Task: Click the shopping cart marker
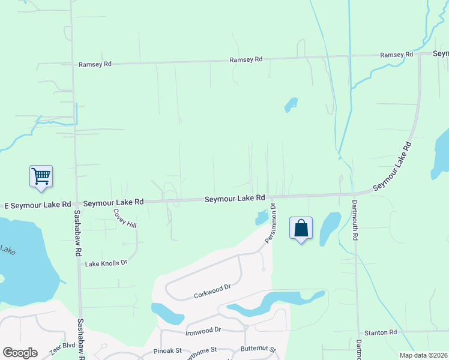click(x=41, y=177)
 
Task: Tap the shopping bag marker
click(x=301, y=229)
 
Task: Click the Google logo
click(x=20, y=353)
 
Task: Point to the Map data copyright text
click(x=424, y=355)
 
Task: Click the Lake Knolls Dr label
click(x=106, y=263)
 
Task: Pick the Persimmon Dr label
click(x=270, y=224)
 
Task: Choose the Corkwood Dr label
click(x=212, y=292)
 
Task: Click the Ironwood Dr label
click(x=203, y=330)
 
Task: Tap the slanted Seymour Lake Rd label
click(x=391, y=167)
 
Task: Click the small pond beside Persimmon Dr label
click(x=262, y=217)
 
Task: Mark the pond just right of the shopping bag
click(x=329, y=228)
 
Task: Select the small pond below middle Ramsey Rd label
click(x=291, y=104)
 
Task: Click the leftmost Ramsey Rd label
click(x=95, y=64)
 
